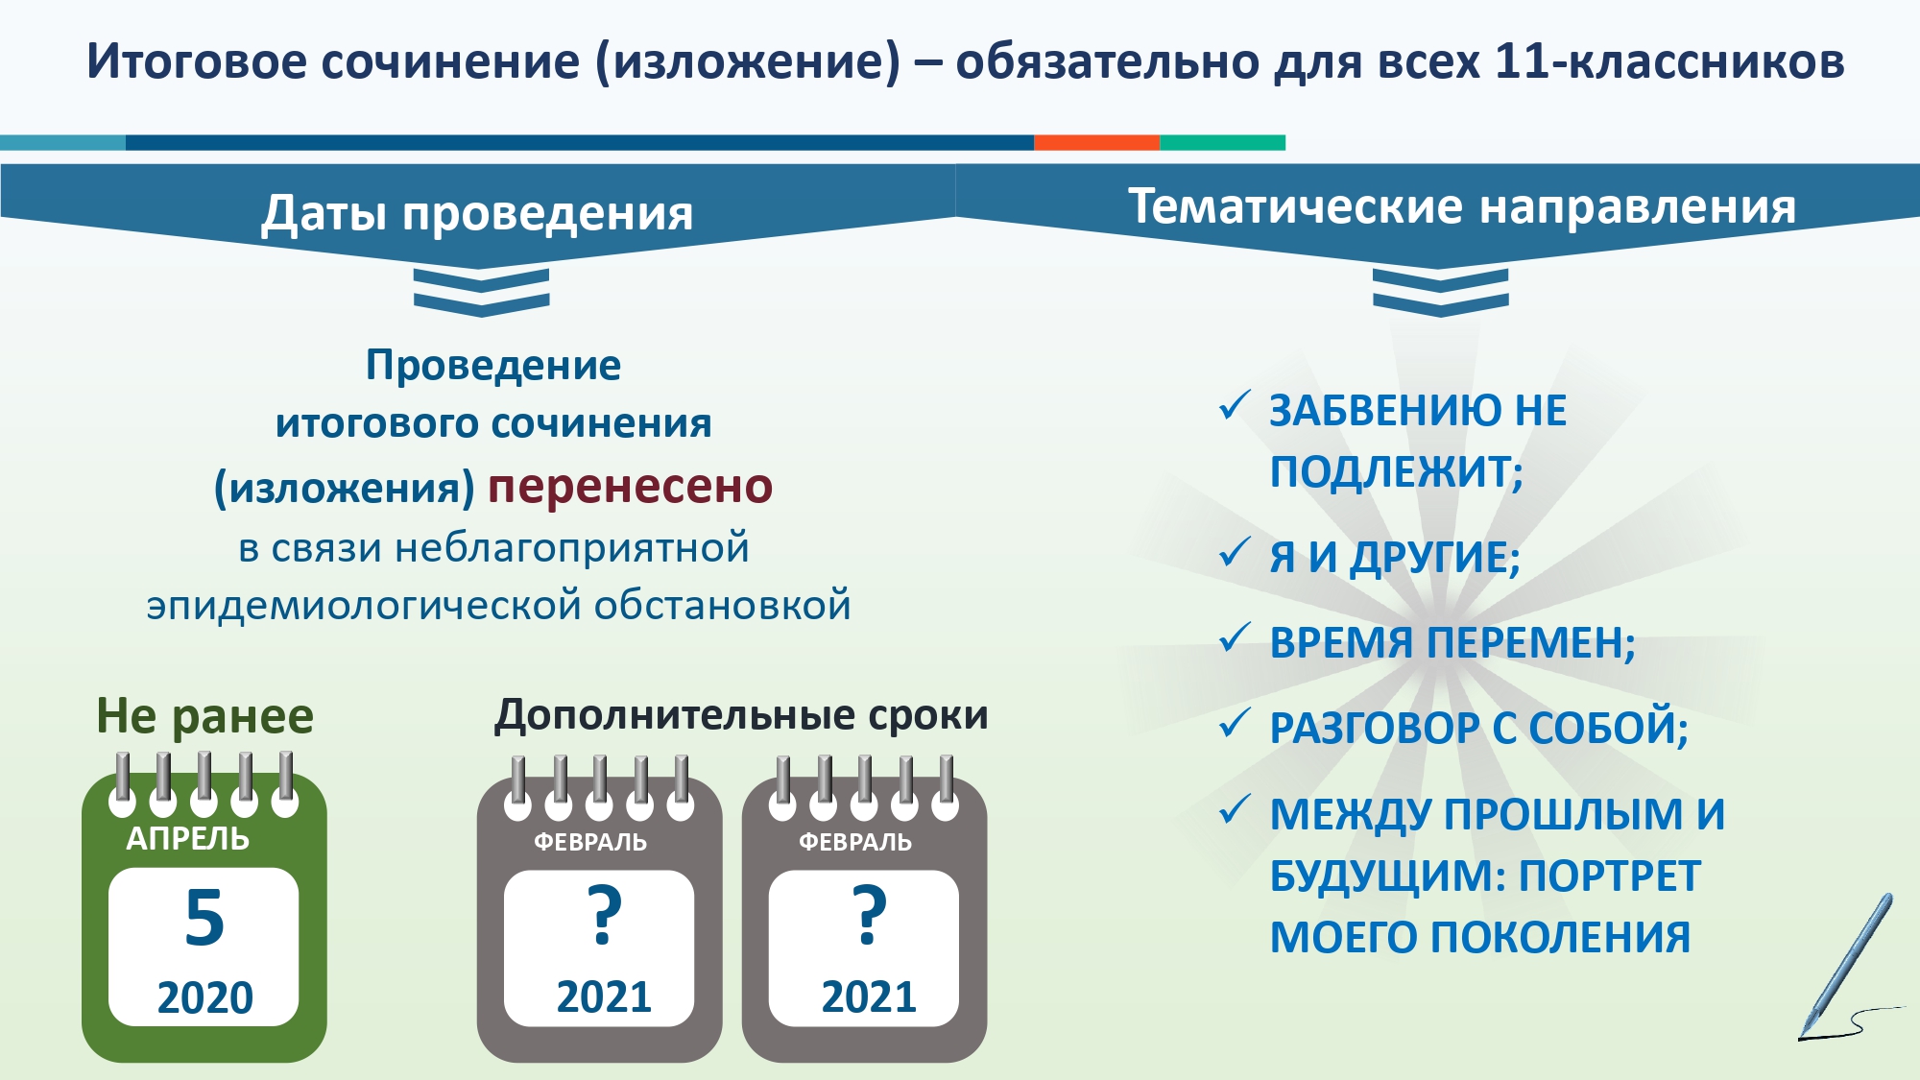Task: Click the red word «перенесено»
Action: [630, 487]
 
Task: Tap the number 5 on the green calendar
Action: [204, 918]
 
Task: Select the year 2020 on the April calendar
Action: [204, 997]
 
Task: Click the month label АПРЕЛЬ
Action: [188, 839]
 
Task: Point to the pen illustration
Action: [1849, 968]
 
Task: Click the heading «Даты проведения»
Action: [477, 213]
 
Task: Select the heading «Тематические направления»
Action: [1461, 206]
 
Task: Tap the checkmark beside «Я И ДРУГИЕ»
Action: [1235, 552]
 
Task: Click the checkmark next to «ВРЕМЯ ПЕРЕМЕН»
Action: [1235, 637]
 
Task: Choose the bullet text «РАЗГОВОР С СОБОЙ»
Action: [1478, 729]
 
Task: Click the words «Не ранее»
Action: [204, 716]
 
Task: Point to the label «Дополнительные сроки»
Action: [741, 715]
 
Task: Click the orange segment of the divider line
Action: [1097, 143]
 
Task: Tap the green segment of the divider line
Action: [1223, 143]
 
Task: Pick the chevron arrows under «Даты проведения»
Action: [481, 292]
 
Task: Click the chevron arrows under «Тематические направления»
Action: [1440, 292]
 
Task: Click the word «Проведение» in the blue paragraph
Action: [493, 366]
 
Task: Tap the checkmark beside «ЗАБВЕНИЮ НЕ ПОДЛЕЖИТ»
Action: [1235, 405]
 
